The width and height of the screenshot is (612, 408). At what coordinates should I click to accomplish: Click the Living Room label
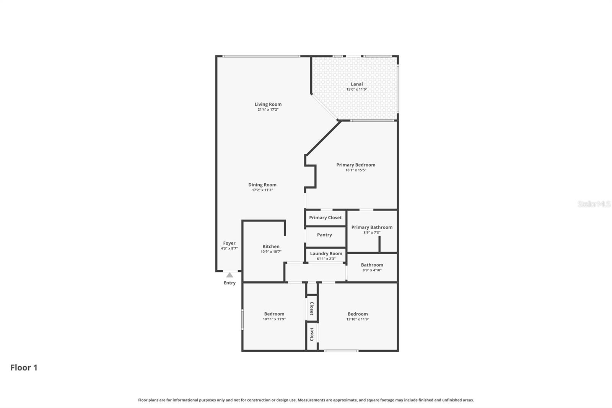pyautogui.click(x=268, y=104)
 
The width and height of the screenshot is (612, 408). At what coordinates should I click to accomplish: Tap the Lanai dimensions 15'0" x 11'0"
pyautogui.click(x=356, y=90)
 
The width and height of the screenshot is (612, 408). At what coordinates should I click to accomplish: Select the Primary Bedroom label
pyautogui.click(x=356, y=165)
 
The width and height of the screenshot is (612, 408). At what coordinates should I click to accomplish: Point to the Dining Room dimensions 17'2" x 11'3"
pyautogui.click(x=262, y=190)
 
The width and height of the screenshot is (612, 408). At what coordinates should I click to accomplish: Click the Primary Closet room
pyautogui.click(x=325, y=218)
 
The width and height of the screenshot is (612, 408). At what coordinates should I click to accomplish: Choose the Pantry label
pyautogui.click(x=324, y=235)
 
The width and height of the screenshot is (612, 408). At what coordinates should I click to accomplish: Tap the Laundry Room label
pyautogui.click(x=326, y=253)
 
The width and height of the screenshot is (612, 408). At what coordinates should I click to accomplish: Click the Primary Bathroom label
pyautogui.click(x=372, y=227)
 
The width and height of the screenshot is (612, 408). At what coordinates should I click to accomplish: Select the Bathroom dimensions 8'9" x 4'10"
pyautogui.click(x=372, y=270)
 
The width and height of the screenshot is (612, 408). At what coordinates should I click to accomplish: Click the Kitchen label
pyautogui.click(x=271, y=246)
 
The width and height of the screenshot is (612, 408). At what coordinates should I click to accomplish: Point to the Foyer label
pyautogui.click(x=229, y=243)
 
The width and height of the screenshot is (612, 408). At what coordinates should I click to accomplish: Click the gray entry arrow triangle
pyautogui.click(x=229, y=275)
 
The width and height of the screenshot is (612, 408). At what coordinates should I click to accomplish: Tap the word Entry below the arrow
pyautogui.click(x=229, y=283)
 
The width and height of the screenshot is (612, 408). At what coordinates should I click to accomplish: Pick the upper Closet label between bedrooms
pyautogui.click(x=312, y=308)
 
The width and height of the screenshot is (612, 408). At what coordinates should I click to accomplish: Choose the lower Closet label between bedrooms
pyautogui.click(x=312, y=334)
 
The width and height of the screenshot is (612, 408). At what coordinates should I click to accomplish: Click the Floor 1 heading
pyautogui.click(x=24, y=368)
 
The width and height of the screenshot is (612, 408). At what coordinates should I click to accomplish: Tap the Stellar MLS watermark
pyautogui.click(x=594, y=204)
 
